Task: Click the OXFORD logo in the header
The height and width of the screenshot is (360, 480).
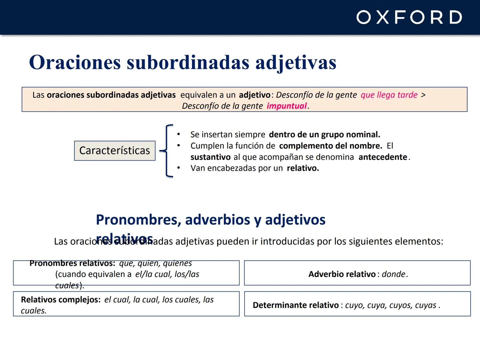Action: (x=409, y=17)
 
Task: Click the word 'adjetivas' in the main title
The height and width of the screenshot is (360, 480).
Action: (x=296, y=62)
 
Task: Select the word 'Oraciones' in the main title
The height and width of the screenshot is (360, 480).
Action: (x=75, y=62)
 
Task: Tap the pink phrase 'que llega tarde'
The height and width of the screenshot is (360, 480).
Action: (x=389, y=95)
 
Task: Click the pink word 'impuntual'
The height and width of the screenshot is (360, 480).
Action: (x=286, y=106)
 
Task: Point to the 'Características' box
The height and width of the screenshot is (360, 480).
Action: (x=115, y=151)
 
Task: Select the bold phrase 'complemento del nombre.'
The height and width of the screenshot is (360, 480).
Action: (x=330, y=146)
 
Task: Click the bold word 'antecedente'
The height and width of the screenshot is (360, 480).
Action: (x=383, y=157)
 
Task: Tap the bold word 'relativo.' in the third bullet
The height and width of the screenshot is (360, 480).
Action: (x=303, y=168)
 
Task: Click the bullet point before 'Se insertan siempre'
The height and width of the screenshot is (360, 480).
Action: (x=179, y=134)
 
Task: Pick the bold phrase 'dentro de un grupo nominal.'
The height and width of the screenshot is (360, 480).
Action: (x=324, y=135)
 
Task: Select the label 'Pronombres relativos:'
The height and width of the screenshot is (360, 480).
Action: (x=72, y=263)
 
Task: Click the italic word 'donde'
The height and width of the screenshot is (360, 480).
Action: (x=393, y=274)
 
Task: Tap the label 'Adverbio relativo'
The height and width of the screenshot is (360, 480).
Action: (x=342, y=274)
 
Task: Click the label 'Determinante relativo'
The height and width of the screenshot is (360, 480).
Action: (x=295, y=305)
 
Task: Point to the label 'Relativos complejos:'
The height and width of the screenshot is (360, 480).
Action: (x=60, y=299)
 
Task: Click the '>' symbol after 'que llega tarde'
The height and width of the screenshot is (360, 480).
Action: (x=423, y=95)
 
